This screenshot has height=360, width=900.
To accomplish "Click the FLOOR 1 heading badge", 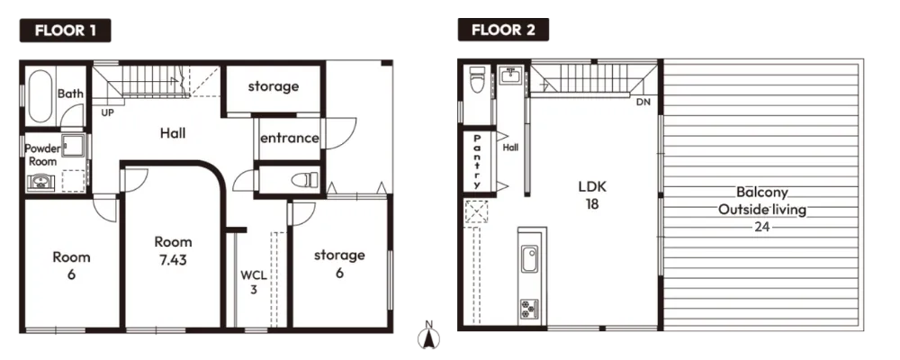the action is pyautogui.click(x=65, y=31).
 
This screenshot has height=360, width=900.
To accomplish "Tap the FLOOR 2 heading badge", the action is pyautogui.click(x=503, y=30).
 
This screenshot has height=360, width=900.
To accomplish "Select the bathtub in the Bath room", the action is pyautogui.click(x=40, y=96).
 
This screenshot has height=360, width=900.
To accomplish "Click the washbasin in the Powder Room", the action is pyautogui.click(x=40, y=183).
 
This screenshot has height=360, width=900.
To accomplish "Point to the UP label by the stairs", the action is pyautogui.click(x=107, y=113).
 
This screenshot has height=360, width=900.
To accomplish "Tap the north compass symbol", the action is pyautogui.click(x=428, y=336).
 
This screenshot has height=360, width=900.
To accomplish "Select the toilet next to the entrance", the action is pyautogui.click(x=304, y=180).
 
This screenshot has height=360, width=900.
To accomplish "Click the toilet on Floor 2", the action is pyautogui.click(x=477, y=79).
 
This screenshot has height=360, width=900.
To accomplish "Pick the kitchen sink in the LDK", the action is pyautogui.click(x=529, y=259).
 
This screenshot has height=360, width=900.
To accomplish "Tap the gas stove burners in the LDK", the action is pyautogui.click(x=529, y=310).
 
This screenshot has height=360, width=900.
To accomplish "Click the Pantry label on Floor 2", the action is pyautogui.click(x=476, y=161).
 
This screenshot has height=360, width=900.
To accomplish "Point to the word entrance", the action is pyautogui.click(x=289, y=138).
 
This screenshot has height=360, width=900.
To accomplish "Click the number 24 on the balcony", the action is pyautogui.click(x=761, y=227).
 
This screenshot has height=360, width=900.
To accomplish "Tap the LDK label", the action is pyautogui.click(x=592, y=186).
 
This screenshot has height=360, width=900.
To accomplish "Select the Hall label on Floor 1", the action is pyautogui.click(x=172, y=133).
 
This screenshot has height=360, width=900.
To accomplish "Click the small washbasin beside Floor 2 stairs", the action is pyautogui.click(x=510, y=76).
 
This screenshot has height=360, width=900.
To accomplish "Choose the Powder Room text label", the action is pyautogui.click(x=43, y=155).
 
